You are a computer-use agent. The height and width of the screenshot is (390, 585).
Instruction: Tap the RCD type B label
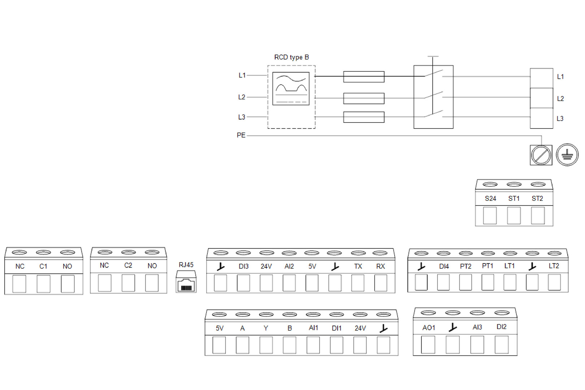pyautogui.click(x=291, y=57)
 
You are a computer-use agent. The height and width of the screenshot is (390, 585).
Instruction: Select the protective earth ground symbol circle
pyautogui.click(x=567, y=155)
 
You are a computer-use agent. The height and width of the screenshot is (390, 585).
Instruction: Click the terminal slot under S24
pyautogui.click(x=490, y=216)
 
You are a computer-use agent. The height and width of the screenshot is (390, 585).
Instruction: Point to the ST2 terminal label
pyautogui.click(x=537, y=199)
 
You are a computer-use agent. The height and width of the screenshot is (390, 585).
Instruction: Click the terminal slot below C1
pyautogui.click(x=43, y=284)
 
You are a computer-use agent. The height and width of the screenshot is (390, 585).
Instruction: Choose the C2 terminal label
pyautogui.click(x=128, y=265)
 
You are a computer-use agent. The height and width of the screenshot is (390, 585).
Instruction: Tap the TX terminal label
pyautogui.click(x=358, y=266)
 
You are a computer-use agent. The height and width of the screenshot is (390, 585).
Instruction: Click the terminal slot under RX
pyautogui.click(x=381, y=283)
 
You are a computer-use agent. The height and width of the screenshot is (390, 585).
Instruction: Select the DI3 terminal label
pyautogui.click(x=243, y=266)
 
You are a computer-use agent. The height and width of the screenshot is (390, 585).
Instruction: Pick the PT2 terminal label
pyautogui.click(x=465, y=266)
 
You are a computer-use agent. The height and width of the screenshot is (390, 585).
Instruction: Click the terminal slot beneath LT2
pyautogui.click(x=554, y=282)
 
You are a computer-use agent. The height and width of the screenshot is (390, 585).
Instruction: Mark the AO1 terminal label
pyautogui.click(x=429, y=328)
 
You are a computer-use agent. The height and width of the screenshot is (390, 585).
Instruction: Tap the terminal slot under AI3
pyautogui.click(x=477, y=344)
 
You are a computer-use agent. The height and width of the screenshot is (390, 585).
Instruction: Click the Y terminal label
pyautogui.click(x=266, y=328)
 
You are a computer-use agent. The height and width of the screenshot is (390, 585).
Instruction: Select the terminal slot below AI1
pyautogui.click(x=313, y=345)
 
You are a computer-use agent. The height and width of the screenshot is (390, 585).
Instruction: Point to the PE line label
pyautogui.click(x=241, y=135)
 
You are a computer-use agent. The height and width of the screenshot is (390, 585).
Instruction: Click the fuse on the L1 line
pyautogui.click(x=364, y=77)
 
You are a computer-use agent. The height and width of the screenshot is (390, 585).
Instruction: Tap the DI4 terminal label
pyautogui.click(x=444, y=266)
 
